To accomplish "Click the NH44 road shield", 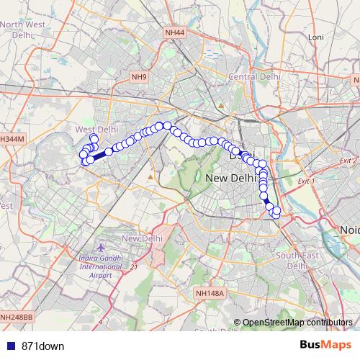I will point(174,32).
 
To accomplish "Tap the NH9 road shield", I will point(139,77).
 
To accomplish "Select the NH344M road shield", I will point(12,138).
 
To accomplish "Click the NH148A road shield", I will point(210,293).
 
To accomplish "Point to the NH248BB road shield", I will point(16,317).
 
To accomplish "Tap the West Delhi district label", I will point(96,129).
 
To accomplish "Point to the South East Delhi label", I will point(297,260).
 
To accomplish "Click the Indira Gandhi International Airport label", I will point(101,267).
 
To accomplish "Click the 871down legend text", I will point(42,346).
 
